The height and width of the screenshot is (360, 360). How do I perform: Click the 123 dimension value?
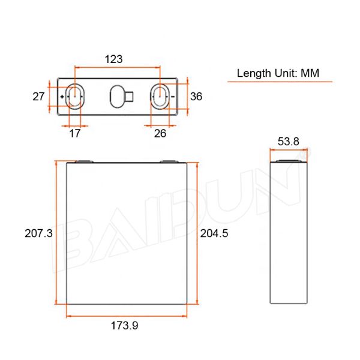pyautogui.click(x=113, y=59)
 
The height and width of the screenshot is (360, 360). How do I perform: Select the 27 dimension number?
pyautogui.click(x=39, y=96)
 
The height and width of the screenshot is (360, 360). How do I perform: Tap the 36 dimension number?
pyautogui.click(x=196, y=96)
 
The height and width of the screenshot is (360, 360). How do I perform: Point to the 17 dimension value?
pyautogui.click(x=75, y=133)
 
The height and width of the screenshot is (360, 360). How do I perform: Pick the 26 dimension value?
pyautogui.click(x=160, y=133)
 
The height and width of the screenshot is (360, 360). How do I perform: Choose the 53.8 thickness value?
pyautogui.click(x=289, y=142)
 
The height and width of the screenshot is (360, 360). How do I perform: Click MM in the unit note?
pyautogui.click(x=309, y=73)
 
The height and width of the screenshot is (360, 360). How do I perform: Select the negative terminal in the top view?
pyautogui.click(x=160, y=96)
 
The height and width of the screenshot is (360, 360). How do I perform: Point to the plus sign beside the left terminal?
pyautogui.click(x=63, y=97)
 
